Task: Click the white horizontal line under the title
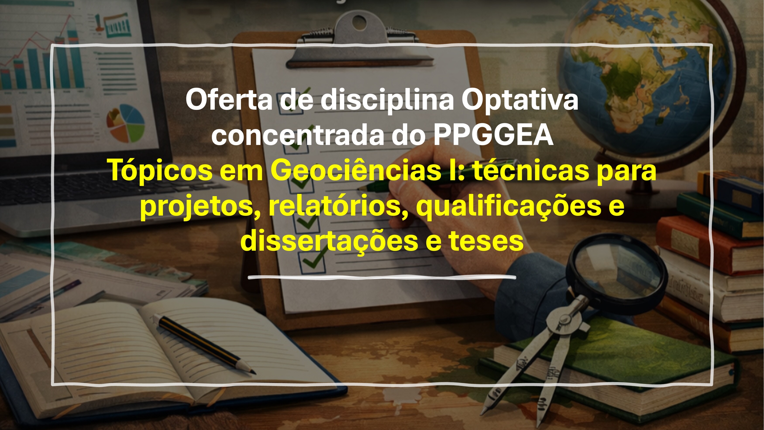(382, 278)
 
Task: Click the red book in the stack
(709, 245)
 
